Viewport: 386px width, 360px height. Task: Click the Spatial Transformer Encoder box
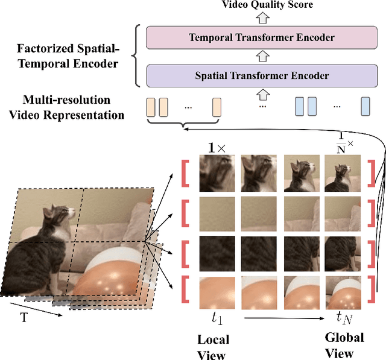262,75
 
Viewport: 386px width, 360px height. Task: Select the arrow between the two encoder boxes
262,56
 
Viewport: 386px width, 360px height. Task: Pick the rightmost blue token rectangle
365,107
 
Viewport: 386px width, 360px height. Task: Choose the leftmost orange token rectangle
151,107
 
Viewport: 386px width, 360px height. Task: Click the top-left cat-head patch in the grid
216,172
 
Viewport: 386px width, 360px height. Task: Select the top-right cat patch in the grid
341,172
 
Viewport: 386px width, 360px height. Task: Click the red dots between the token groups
262,106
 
